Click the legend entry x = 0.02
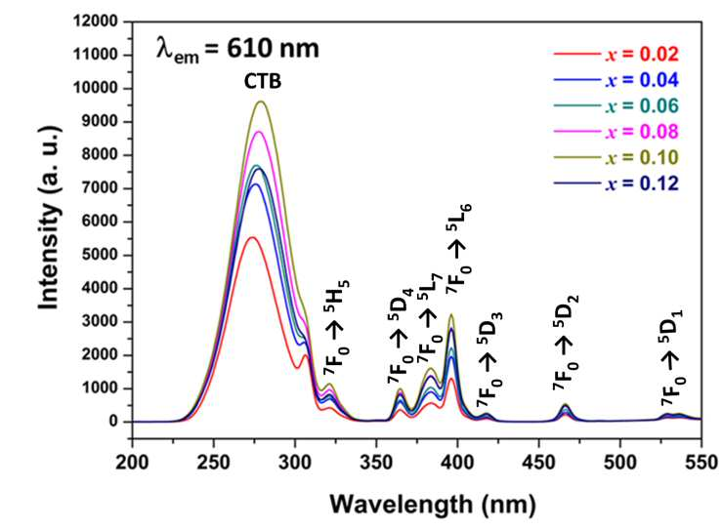click(x=616, y=55)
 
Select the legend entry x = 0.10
click(x=616, y=158)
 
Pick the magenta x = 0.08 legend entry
click(x=616, y=132)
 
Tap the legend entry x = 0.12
click(x=616, y=184)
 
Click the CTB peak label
click(x=263, y=82)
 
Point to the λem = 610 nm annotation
click(x=237, y=49)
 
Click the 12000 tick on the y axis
click(x=96, y=21)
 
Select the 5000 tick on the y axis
click(x=100, y=256)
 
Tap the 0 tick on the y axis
click(x=113, y=422)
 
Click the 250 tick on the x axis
click(x=214, y=462)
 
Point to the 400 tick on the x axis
click(x=457, y=462)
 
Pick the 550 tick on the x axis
click(x=701, y=462)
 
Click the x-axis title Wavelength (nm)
click(x=433, y=505)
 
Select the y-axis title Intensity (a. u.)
click(x=49, y=218)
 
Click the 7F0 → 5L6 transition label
click(x=458, y=249)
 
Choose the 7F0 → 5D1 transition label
click(x=673, y=359)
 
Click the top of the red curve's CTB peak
click(x=251, y=237)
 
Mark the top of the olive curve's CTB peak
click(x=262, y=102)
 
